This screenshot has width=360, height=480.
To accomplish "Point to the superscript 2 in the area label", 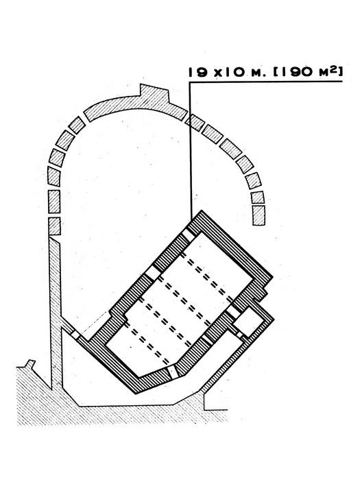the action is (334, 70).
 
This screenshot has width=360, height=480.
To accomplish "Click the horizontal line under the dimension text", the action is (265, 82).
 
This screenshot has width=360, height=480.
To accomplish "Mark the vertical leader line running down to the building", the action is (191, 151).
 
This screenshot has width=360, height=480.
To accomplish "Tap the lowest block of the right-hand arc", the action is (259, 215).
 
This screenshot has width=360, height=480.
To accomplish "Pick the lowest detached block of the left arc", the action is (54, 226).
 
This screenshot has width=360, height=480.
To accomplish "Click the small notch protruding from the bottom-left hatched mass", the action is (30, 363).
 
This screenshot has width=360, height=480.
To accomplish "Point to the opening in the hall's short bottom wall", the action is (173, 372).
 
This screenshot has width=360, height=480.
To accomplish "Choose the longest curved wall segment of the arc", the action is (136, 104).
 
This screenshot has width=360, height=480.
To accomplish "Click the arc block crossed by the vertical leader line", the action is (195, 123).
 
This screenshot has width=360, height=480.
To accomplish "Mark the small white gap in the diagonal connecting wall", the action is (75, 335).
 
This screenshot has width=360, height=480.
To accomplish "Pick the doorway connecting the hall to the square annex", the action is (234, 311).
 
